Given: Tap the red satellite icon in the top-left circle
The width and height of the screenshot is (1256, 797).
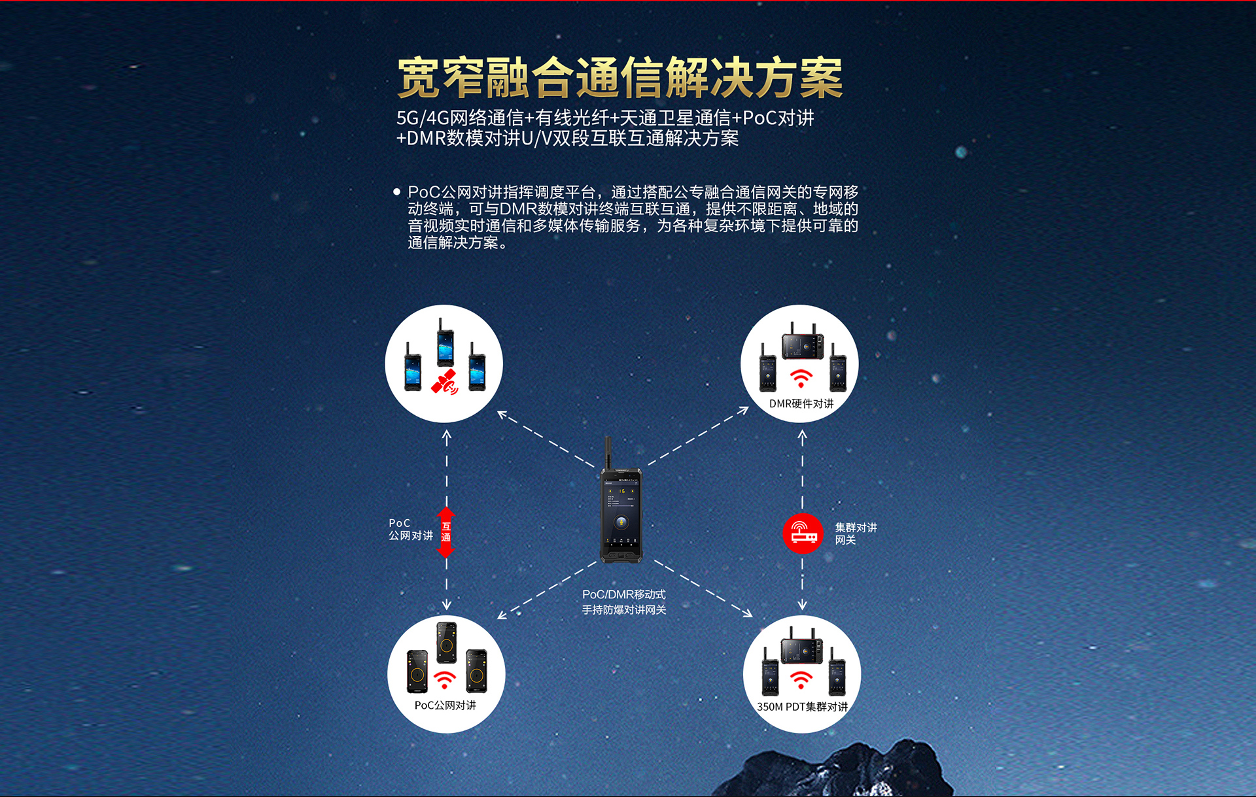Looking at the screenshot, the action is [445, 382].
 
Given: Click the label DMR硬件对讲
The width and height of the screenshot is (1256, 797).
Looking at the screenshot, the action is [801, 403].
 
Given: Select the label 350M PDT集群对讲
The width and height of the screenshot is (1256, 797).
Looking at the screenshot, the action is [802, 707].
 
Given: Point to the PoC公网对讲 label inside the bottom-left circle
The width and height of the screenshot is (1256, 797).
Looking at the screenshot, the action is [445, 705].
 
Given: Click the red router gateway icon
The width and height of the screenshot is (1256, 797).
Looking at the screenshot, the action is [803, 534].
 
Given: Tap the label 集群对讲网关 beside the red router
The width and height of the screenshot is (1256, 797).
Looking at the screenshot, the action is [856, 534].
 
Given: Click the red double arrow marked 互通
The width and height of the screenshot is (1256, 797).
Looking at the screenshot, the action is [446, 532].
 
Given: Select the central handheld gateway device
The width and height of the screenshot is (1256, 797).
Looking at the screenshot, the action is [621, 500].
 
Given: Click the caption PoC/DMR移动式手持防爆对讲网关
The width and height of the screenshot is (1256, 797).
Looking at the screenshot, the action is [624, 602].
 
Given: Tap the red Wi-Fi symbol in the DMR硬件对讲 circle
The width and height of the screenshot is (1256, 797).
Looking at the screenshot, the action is [801, 378].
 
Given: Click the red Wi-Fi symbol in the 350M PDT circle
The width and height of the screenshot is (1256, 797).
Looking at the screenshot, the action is [801, 680].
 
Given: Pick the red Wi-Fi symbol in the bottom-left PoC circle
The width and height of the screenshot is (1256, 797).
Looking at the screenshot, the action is [445, 680].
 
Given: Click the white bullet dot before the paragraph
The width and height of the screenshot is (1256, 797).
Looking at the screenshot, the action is [396, 192].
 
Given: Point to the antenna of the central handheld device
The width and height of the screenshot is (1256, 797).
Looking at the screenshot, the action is [608, 452].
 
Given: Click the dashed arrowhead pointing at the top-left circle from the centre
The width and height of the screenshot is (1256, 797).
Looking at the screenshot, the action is [502, 415].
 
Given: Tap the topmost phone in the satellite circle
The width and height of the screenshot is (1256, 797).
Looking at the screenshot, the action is [445, 343].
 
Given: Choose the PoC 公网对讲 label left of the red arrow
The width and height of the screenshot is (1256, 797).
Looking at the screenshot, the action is [411, 530].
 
